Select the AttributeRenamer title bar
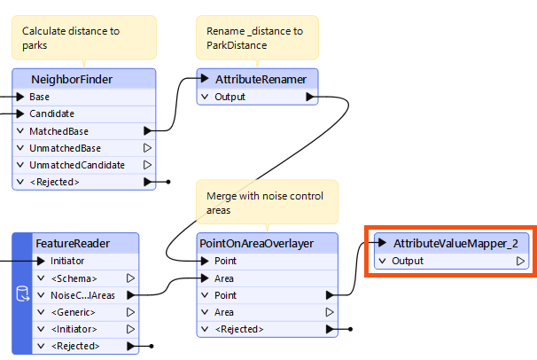tap(260, 79)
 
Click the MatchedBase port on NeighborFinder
tap(58, 130)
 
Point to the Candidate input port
tap(51, 113)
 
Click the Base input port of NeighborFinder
tap(39, 97)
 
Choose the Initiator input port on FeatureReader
tap(67, 261)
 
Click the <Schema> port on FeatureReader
tap(71, 278)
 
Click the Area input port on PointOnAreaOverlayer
tap(224, 278)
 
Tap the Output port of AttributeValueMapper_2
tap(407, 261)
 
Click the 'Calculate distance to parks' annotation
tap(83, 37)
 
